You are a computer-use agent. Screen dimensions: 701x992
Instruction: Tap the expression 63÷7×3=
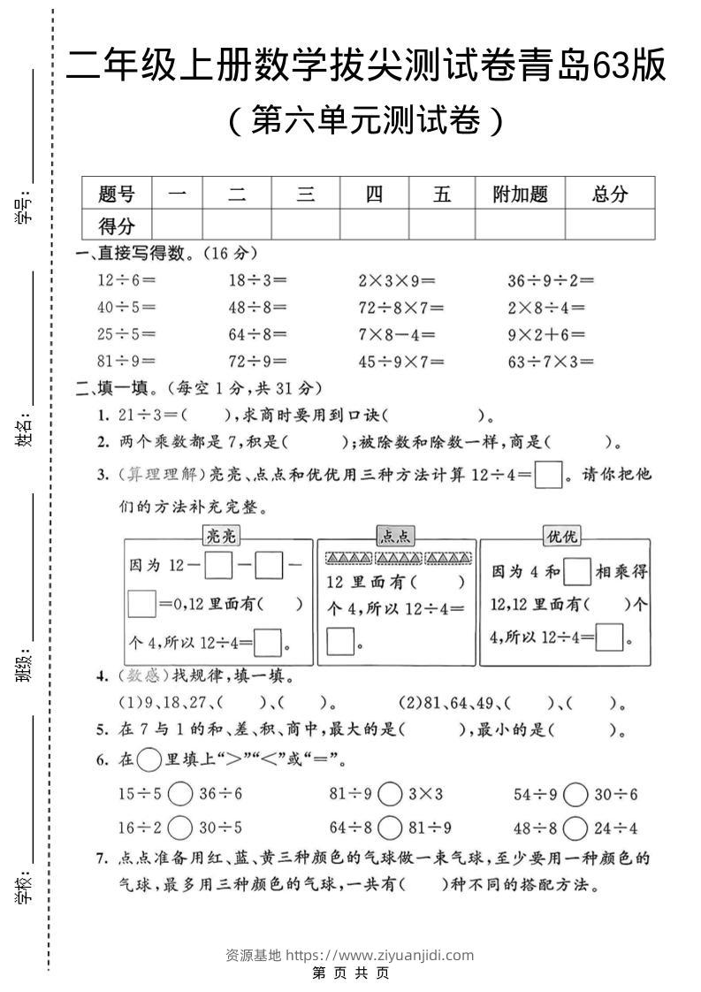click(550, 361)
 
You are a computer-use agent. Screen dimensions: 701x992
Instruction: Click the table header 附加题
click(520, 195)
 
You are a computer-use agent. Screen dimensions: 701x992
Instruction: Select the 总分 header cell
click(609, 195)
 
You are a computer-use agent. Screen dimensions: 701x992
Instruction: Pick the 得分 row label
click(117, 225)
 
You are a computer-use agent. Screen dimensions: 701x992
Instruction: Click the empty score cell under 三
click(305, 225)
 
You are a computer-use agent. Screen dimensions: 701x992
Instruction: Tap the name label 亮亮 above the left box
click(221, 536)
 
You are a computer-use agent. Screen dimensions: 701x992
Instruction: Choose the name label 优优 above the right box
click(561, 536)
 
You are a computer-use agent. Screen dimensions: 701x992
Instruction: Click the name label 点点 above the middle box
click(395, 536)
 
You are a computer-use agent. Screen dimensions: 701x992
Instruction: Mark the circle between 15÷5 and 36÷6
click(180, 794)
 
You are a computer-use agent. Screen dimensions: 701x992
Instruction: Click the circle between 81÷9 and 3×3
click(390, 794)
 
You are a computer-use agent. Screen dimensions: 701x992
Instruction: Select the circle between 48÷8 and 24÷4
click(575, 828)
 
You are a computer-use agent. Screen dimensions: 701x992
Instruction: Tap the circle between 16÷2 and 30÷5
click(180, 828)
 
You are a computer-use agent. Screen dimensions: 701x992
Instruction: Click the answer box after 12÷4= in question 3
click(549, 476)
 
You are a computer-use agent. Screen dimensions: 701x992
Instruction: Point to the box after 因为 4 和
click(577, 572)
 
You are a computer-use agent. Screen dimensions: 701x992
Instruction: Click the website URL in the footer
click(381, 955)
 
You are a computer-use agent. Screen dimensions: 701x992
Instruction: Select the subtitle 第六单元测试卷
click(365, 121)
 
